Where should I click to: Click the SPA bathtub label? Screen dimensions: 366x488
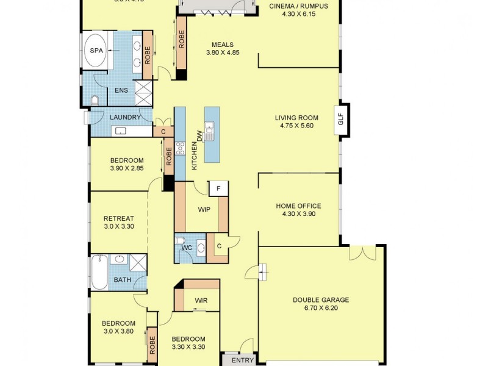tap(96, 51)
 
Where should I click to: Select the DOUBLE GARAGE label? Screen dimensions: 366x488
tap(320, 300)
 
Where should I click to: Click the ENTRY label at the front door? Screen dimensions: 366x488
tap(243, 361)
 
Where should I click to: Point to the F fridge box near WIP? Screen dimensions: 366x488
tap(218, 188)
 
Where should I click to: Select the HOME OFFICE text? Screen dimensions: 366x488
tap(298, 206)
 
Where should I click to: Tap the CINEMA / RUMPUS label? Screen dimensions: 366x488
tap(298, 7)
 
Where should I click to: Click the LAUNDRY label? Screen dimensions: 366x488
tap(125, 117)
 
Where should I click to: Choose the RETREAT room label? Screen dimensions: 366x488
tap(118, 218)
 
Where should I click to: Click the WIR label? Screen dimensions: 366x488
tap(201, 301)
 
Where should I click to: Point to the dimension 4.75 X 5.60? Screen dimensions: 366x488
tap(297, 126)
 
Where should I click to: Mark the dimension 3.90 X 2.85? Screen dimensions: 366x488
tap(126, 168)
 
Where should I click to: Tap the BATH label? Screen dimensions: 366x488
tap(123, 280)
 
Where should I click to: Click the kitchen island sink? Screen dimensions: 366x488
tap(210, 129)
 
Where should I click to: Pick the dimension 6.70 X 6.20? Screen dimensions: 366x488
tap(320, 309)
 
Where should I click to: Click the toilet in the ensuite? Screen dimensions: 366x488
tap(95, 99)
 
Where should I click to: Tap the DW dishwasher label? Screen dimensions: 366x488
tap(199, 135)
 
